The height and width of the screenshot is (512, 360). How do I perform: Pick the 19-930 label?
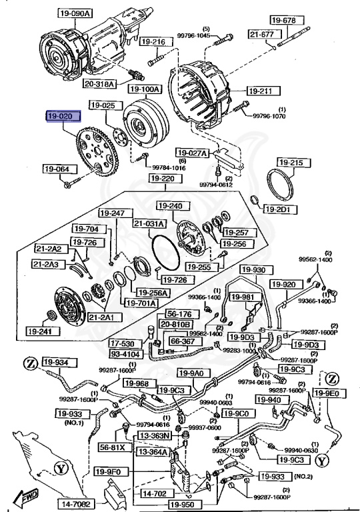(x=254, y=270)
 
